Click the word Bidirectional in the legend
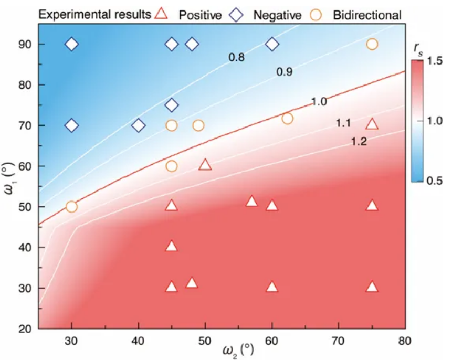point(367,15)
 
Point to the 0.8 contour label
point(236,57)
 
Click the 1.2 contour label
point(360,142)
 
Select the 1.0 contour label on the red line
point(319,102)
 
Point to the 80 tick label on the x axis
point(405,340)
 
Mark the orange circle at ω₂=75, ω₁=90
point(372,44)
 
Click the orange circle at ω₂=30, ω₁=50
point(71,206)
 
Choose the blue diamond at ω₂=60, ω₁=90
point(272,44)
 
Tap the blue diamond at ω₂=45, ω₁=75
point(172,105)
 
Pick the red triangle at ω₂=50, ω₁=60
point(205,165)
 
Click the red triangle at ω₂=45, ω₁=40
point(172,246)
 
